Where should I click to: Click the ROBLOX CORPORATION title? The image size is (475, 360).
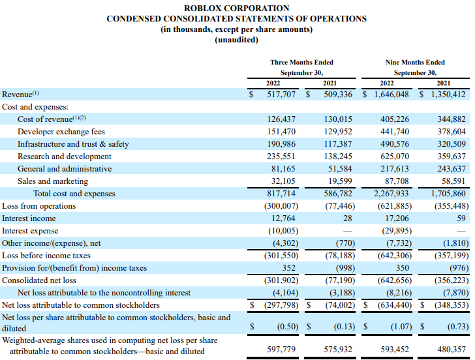click(237, 8)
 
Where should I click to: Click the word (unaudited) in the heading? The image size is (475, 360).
click(237, 40)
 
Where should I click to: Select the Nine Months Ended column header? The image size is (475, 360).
click(415, 63)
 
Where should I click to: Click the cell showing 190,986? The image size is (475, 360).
click(283, 144)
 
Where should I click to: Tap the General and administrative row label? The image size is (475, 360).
click(65, 169)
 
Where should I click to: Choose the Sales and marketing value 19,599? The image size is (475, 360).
click(339, 181)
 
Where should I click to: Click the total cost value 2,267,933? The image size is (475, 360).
click(391, 194)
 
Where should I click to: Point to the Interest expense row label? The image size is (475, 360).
click(30, 231)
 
